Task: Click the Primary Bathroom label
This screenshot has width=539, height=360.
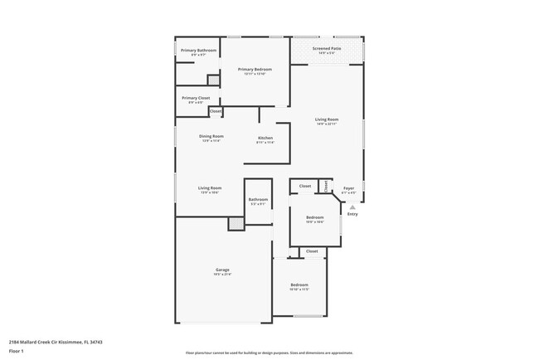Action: click(198, 51)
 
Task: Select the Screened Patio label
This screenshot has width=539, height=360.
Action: click(327, 49)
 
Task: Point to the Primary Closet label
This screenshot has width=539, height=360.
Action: click(196, 98)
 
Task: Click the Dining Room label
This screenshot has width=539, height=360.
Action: click(211, 136)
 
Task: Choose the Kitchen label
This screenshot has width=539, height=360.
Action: click(265, 138)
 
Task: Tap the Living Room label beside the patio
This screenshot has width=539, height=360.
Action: click(327, 119)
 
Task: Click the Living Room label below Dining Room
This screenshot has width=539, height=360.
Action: click(209, 188)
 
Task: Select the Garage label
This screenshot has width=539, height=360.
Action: click(222, 270)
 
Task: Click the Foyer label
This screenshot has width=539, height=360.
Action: click(349, 188)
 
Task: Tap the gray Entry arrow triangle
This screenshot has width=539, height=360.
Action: click(352, 207)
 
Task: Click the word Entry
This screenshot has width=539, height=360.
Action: click(352, 214)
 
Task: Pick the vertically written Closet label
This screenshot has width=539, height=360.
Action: click(327, 185)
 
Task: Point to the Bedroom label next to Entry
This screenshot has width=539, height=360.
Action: click(314, 218)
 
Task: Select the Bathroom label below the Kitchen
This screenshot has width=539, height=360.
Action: click(258, 199)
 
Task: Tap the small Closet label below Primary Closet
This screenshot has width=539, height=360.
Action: click(216, 111)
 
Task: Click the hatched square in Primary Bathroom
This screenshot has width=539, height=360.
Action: click(213, 80)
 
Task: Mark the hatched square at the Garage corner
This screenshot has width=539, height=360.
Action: click(236, 223)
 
